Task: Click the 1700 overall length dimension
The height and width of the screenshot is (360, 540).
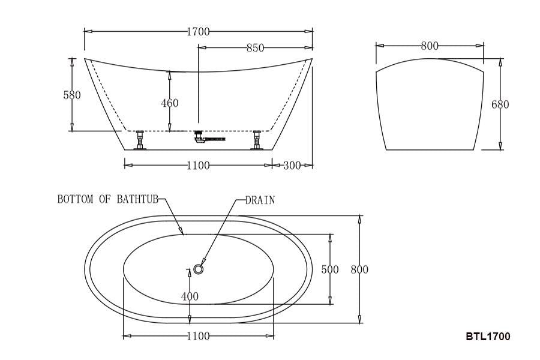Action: click(198, 32)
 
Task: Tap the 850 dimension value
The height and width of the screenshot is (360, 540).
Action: click(255, 48)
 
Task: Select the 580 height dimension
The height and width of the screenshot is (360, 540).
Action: click(72, 95)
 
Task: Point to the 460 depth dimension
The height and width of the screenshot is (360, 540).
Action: click(170, 103)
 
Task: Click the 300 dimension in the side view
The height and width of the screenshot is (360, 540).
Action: click(292, 166)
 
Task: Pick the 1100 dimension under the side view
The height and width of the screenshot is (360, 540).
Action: click(198, 166)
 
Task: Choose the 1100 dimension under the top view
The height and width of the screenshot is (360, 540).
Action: click(198, 336)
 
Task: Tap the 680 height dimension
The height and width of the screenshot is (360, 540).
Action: click(500, 104)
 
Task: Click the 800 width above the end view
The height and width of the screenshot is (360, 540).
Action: click(430, 46)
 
